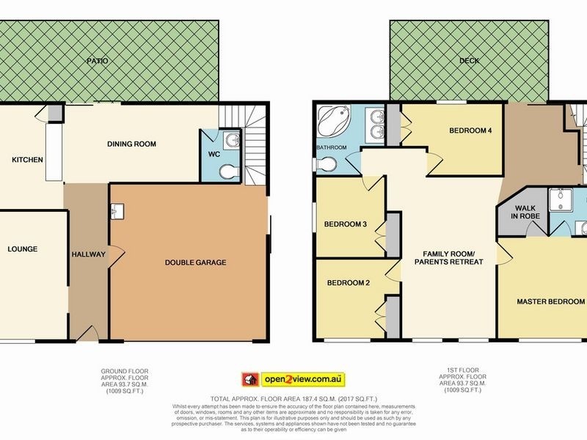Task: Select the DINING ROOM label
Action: pos(131,144)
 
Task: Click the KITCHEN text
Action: pos(26,159)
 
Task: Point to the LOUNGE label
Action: pos(22,249)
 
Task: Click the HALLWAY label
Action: pos(88,254)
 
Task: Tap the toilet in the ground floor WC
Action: pos(229,169)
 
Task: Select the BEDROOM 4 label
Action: pos(470,131)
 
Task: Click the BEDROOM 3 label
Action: pos(345,224)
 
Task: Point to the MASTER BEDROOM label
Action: pos(550,301)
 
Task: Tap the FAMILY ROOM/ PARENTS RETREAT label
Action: pos(448,257)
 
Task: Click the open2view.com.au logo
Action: pos(293,379)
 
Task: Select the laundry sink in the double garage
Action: pos(118,211)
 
